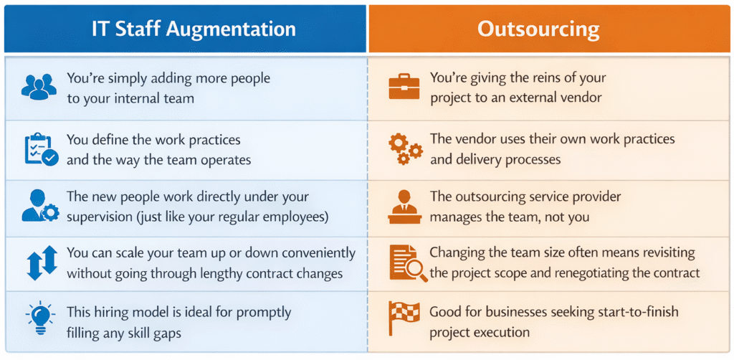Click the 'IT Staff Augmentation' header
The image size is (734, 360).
click(x=193, y=29)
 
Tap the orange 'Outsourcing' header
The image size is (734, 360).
click(x=548, y=29)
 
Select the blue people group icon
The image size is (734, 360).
click(x=39, y=87)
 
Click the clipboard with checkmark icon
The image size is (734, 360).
click(x=39, y=150)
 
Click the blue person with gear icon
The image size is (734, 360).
click(x=39, y=206)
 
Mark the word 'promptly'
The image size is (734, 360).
click(x=267, y=312)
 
